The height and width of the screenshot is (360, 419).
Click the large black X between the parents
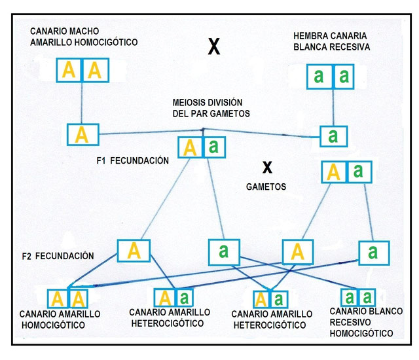tap(213, 47)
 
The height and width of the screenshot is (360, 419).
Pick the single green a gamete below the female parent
tap(333, 136)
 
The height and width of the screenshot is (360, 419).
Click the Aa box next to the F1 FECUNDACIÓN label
tap(200, 147)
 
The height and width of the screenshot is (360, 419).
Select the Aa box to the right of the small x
tap(346, 172)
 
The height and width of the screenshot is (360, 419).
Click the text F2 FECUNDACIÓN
tap(56, 255)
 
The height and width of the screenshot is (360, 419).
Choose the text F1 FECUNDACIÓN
tap(132, 160)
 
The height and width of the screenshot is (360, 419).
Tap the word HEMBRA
tap(313, 35)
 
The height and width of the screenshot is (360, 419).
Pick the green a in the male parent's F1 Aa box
tap(213, 147)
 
